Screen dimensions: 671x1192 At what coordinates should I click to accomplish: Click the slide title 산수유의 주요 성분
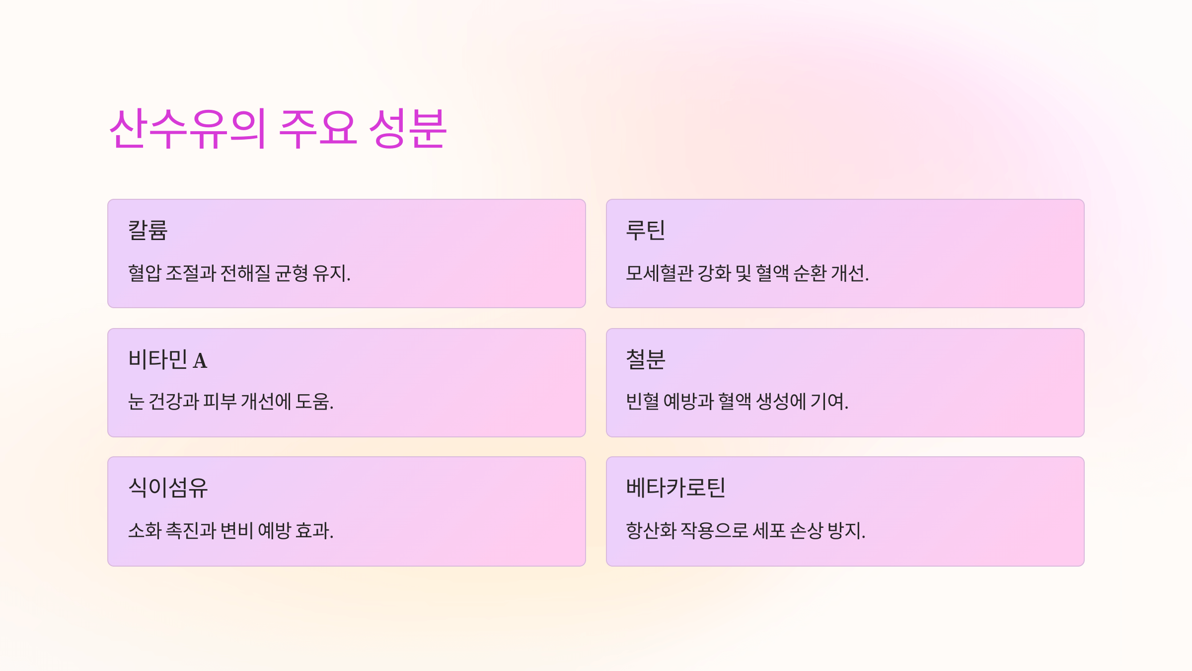click(278, 129)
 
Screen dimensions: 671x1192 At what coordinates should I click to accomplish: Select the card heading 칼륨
click(148, 230)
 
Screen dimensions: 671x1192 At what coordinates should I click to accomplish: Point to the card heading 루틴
click(645, 230)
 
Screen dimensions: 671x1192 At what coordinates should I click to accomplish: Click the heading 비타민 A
click(167, 359)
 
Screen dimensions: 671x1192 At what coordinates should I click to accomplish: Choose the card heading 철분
click(645, 359)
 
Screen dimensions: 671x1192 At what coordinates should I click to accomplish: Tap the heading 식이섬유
click(168, 488)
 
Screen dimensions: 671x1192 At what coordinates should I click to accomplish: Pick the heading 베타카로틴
click(675, 488)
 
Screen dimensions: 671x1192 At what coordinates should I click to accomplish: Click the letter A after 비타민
click(200, 361)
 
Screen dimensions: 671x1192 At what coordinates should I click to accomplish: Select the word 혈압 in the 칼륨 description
click(145, 273)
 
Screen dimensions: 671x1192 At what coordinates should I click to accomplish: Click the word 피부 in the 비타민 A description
click(220, 402)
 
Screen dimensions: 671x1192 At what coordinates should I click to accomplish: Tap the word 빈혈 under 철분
click(642, 402)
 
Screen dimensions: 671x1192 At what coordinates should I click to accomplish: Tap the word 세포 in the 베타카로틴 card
click(769, 531)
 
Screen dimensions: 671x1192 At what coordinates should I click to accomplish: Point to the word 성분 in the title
click(408, 129)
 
